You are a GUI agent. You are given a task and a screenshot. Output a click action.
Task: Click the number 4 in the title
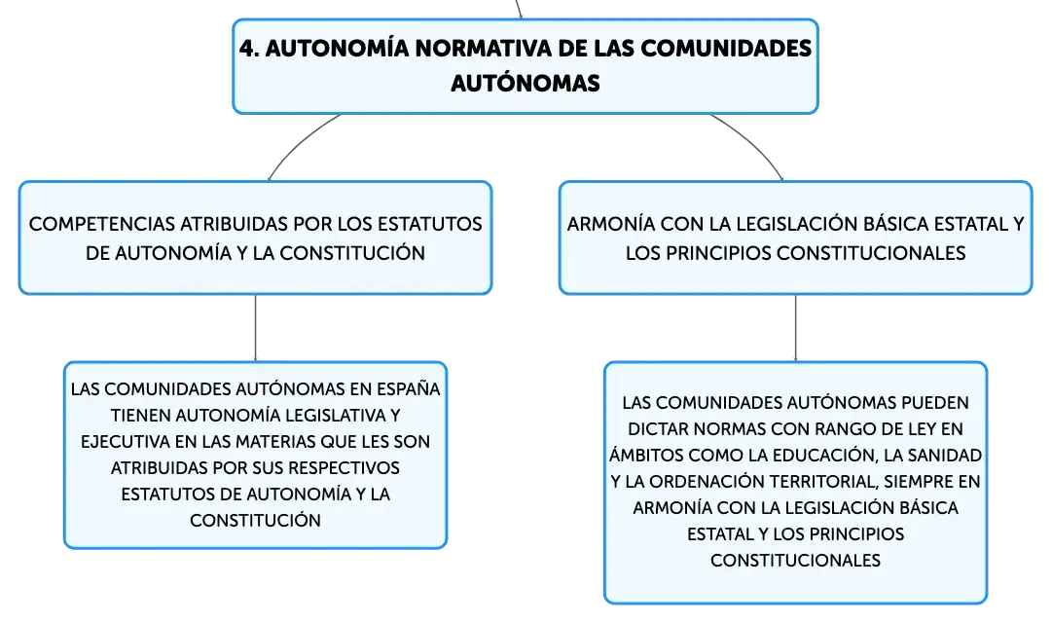point(247,49)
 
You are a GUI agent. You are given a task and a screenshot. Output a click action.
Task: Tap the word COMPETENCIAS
point(102,224)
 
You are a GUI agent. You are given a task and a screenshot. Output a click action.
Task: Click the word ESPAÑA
point(408,388)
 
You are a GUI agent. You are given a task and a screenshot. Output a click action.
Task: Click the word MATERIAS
point(275,442)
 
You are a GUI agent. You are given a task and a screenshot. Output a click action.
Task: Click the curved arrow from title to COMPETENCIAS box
point(299,141)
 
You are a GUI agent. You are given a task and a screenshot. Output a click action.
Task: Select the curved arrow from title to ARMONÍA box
point(753,141)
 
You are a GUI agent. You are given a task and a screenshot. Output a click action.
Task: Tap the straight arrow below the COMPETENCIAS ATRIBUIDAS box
point(256,328)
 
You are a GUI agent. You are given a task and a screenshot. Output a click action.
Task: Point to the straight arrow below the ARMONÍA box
point(796,328)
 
